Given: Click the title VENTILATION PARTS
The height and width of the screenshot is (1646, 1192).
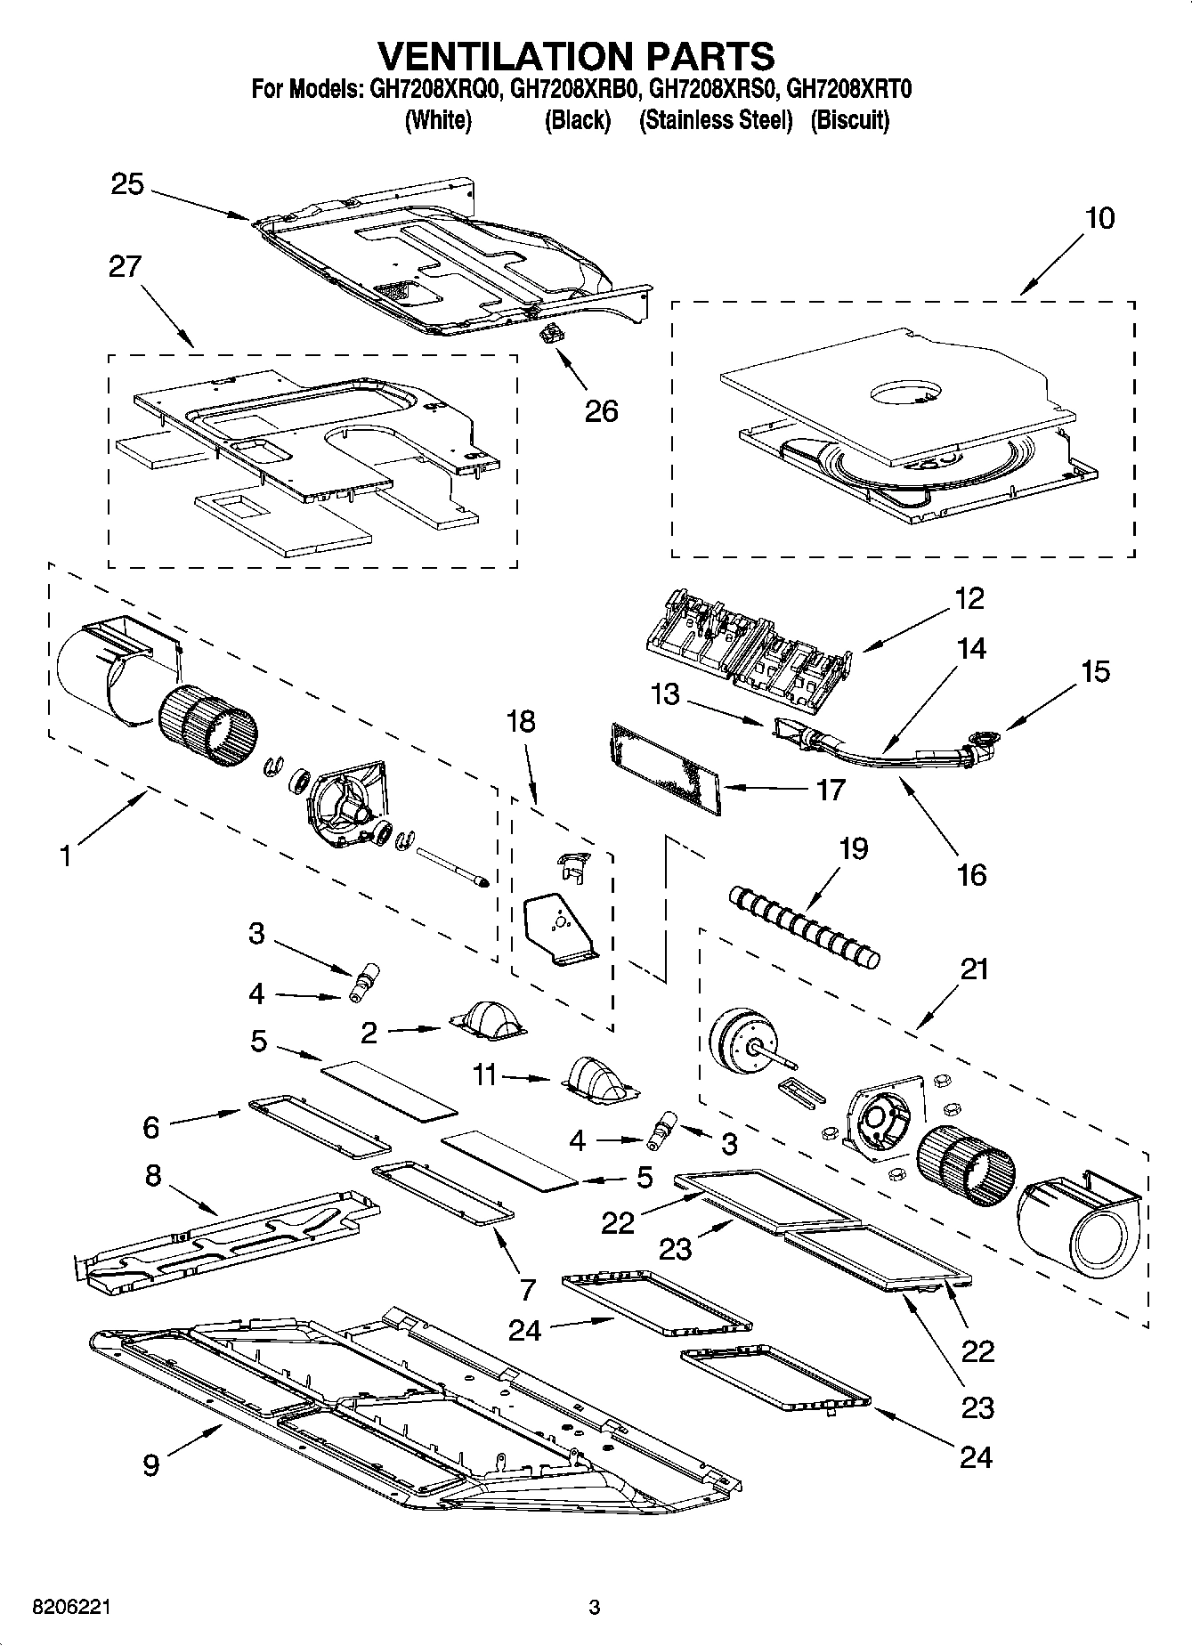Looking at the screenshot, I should pos(577,55).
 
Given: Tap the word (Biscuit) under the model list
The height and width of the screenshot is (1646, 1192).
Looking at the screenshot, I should pos(849,120).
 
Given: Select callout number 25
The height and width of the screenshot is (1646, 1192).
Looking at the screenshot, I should pos(127,185).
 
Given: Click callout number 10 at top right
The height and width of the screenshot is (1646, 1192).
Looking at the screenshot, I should pos(1100,218).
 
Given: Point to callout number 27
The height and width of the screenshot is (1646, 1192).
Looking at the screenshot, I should pos(126,266).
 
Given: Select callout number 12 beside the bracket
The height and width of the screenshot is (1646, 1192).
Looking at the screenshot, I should pos(969,598).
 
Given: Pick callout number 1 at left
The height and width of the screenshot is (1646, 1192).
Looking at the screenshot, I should pos(64,856).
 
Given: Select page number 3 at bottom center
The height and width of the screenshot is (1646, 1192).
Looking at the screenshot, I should pos(595,1608).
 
